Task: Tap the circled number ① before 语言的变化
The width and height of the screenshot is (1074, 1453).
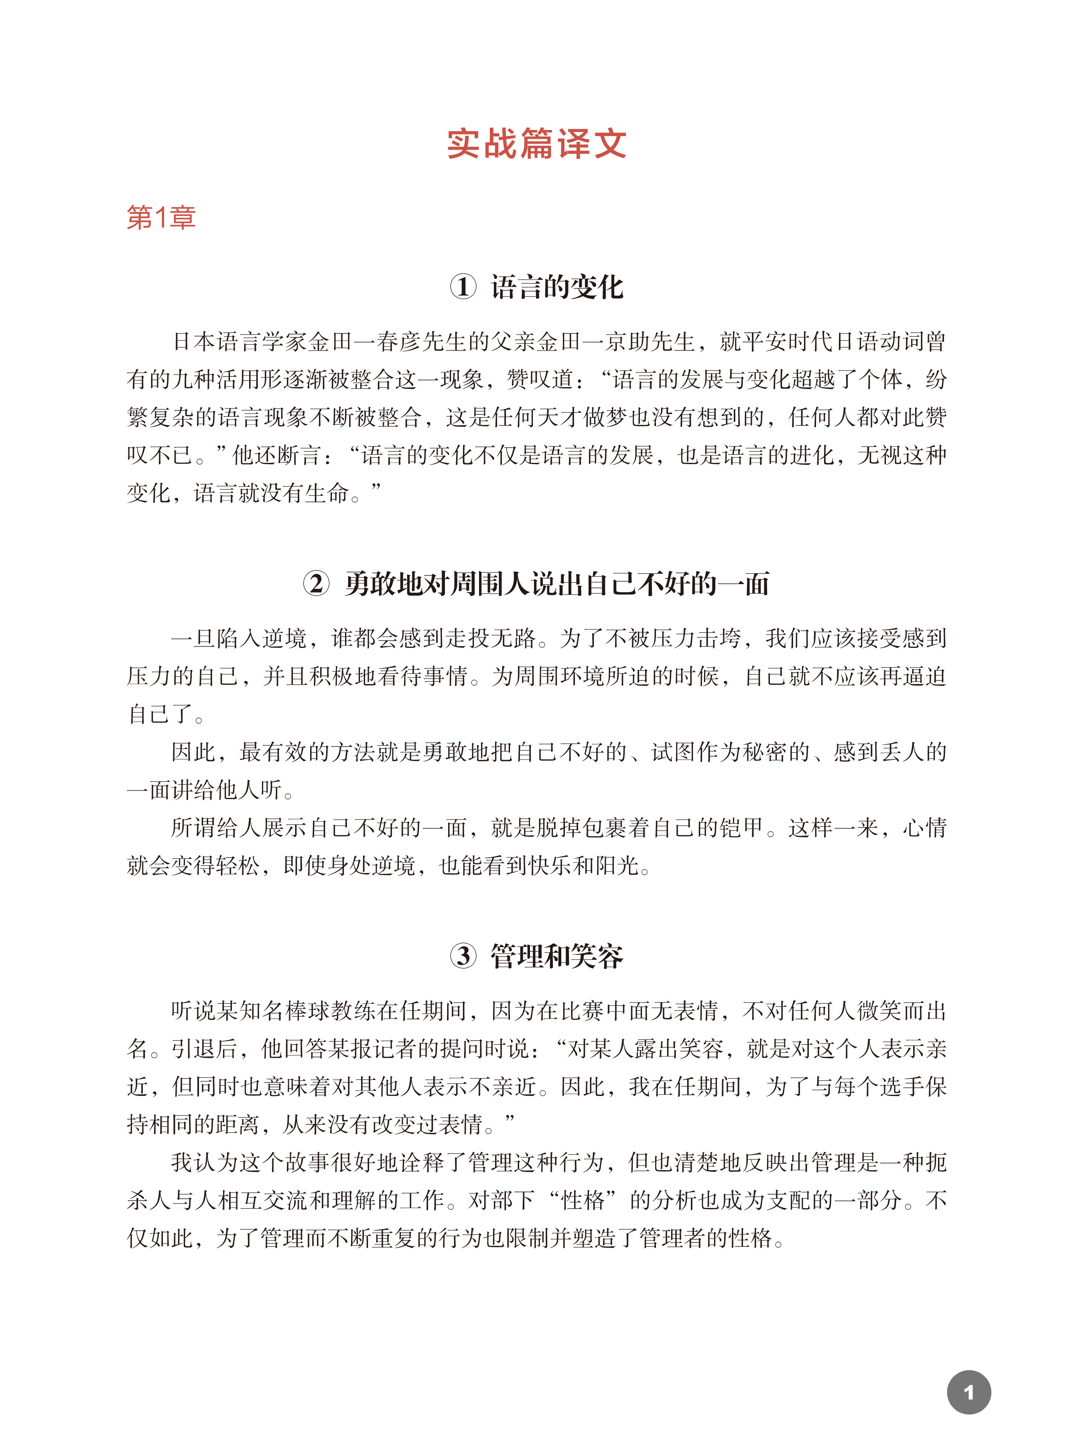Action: click(x=463, y=287)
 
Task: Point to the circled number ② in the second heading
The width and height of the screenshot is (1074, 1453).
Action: click(x=316, y=583)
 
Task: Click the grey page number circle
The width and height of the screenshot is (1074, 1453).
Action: click(x=968, y=1392)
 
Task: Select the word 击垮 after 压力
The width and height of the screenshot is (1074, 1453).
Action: click(x=719, y=638)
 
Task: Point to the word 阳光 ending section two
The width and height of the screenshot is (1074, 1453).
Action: click(x=617, y=865)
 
